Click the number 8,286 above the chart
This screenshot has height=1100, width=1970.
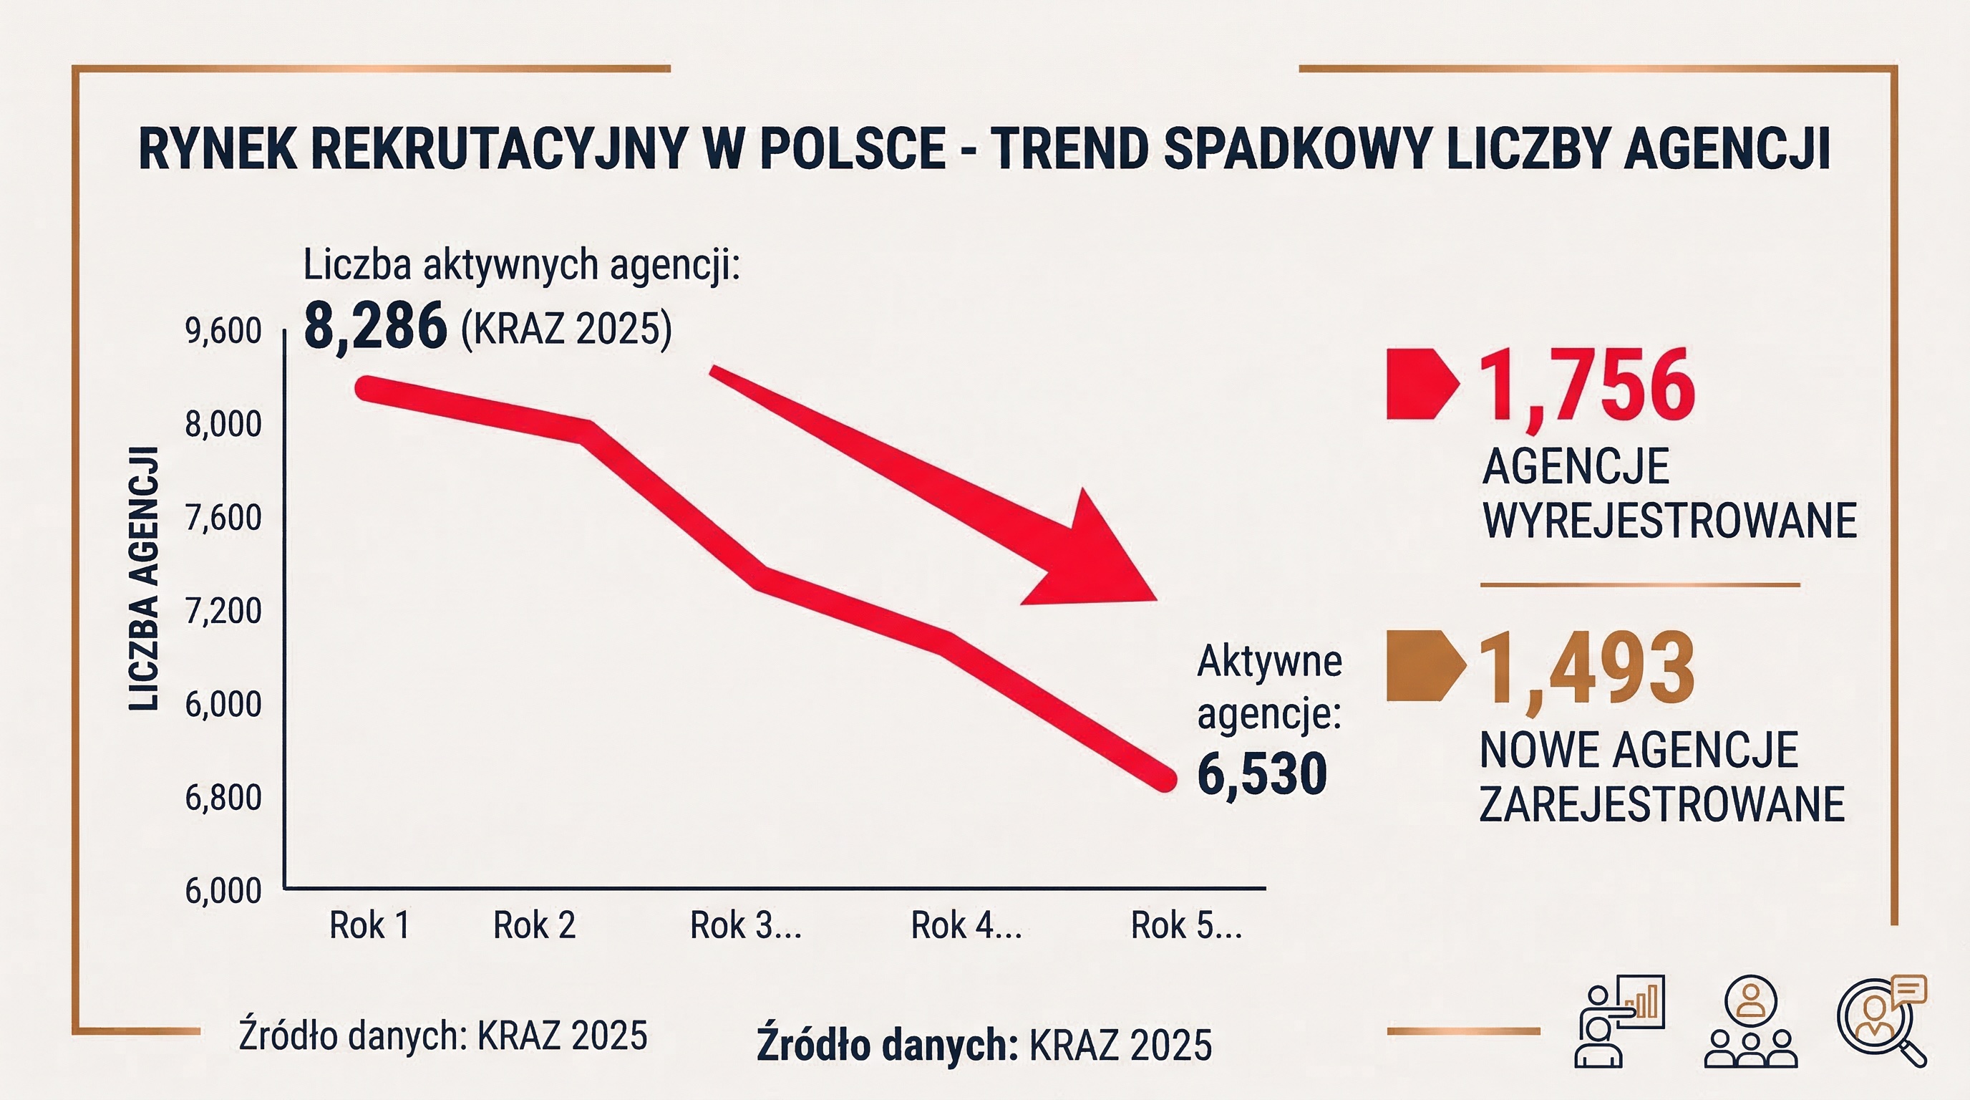374,327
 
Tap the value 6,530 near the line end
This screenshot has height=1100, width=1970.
1262,774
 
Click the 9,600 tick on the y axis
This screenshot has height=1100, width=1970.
223,332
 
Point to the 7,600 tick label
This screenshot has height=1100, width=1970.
223,518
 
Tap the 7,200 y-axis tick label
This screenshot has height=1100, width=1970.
223,611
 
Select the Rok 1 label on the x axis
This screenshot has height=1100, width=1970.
369,925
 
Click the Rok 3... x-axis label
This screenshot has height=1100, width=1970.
746,925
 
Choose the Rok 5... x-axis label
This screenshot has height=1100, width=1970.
1186,925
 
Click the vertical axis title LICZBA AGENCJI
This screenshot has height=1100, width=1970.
144,579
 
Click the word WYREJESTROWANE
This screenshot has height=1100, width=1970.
1669,521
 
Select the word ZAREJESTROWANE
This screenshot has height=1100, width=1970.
1661,804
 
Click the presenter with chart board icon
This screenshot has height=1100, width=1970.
1619,1021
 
